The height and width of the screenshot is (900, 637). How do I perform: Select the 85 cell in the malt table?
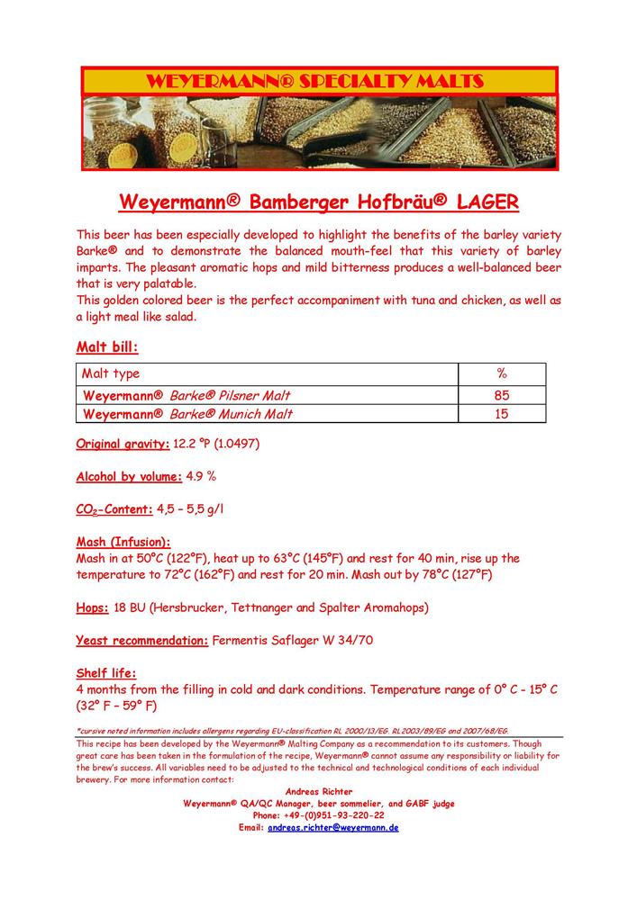click(502, 395)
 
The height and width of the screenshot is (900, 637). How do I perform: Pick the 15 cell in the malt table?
click(502, 414)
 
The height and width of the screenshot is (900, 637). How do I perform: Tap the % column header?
click(502, 373)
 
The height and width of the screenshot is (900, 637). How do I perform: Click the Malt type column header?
click(111, 373)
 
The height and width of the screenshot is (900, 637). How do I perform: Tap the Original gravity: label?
click(123, 444)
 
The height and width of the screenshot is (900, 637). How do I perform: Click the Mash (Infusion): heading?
click(123, 543)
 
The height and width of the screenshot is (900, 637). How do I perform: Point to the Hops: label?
click(93, 608)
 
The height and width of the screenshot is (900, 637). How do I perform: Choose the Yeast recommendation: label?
click(141, 641)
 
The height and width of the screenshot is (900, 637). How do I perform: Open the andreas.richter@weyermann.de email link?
click(332, 826)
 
